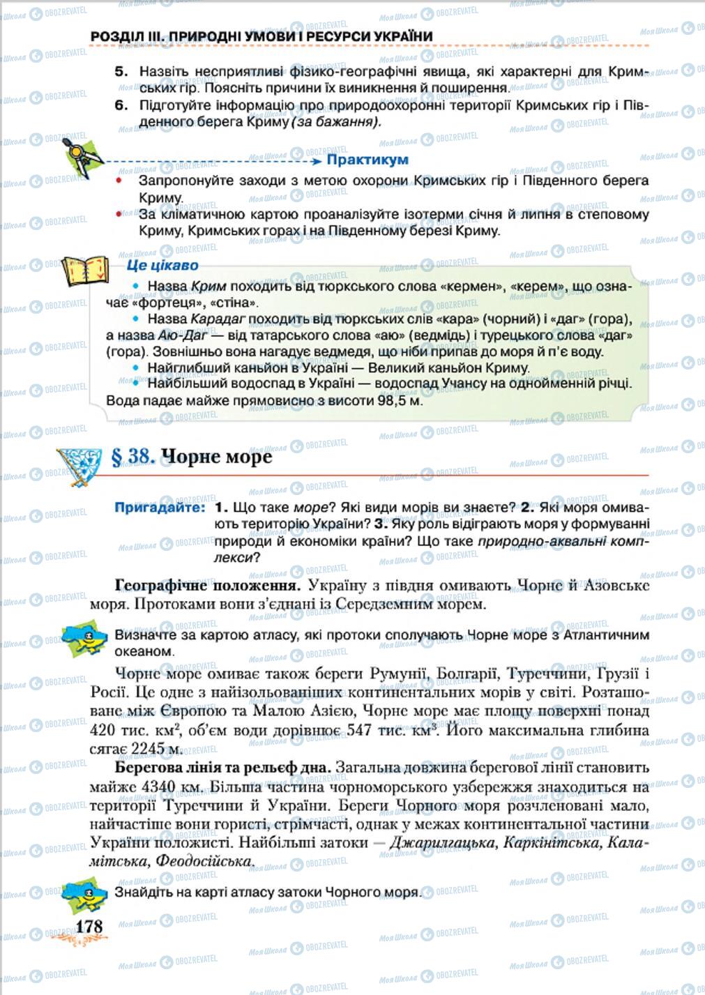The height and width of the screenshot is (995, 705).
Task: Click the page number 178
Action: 89,926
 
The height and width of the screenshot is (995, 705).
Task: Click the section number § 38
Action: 132,457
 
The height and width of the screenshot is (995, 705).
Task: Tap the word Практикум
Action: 367,160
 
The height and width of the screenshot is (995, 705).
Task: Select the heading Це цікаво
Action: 162,266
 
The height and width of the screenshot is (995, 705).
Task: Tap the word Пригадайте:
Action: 160,508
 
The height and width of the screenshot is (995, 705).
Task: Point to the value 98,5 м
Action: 400,401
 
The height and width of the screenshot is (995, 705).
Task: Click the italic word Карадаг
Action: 218,321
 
